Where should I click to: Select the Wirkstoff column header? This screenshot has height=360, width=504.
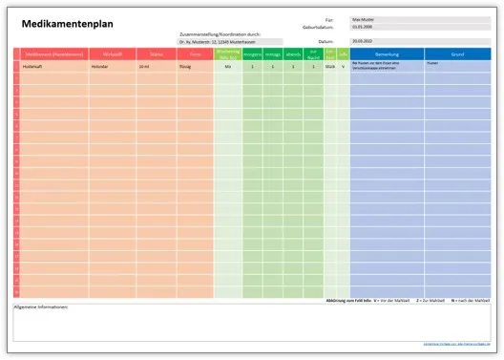coord(112,54)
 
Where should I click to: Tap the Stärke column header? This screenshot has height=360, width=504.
coord(157,54)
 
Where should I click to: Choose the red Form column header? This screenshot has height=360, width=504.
coord(195,54)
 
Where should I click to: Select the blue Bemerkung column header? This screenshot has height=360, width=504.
coord(387,54)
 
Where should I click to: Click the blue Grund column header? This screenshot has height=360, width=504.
coord(458,54)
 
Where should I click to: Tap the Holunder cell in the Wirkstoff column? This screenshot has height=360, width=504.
coord(100,67)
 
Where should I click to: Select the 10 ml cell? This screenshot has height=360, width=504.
coord(144,67)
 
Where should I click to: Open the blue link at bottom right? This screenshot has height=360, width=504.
coord(457,344)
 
